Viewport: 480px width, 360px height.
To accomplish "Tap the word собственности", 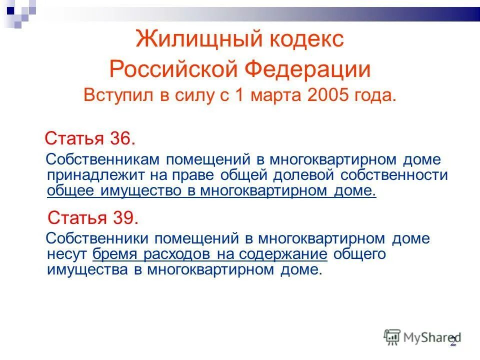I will click(394, 175).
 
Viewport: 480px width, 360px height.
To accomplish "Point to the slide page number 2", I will click(453, 341).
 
